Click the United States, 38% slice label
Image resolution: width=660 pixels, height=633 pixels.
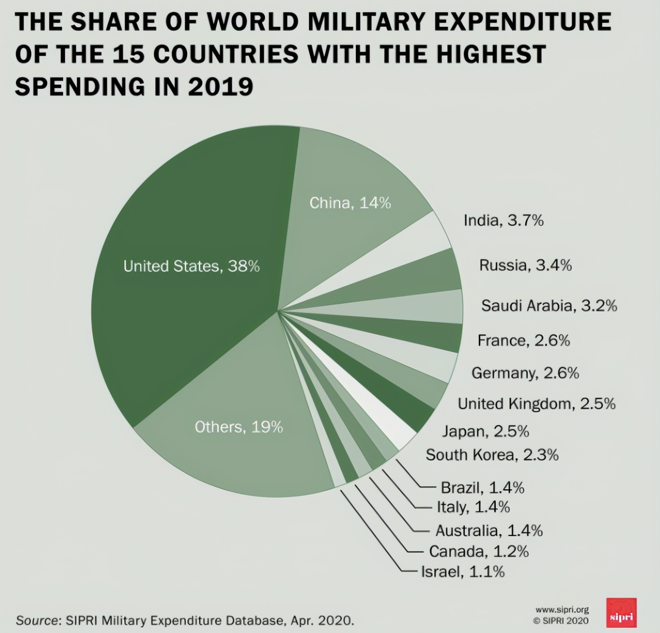[191, 266]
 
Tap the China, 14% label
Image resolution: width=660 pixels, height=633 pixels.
[350, 203]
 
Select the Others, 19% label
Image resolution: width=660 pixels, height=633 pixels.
[239, 427]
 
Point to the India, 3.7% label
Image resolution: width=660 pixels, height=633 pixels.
[503, 221]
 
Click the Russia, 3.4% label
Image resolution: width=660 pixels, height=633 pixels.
[525, 266]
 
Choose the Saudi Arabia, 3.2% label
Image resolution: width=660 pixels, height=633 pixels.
[549, 306]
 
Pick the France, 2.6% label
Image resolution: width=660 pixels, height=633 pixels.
[523, 341]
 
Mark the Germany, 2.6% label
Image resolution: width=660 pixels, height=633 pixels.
[525, 373]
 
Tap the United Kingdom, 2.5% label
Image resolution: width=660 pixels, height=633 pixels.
[536, 404]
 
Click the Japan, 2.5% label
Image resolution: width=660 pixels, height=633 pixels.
[485, 432]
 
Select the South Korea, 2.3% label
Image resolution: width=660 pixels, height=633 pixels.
[492, 455]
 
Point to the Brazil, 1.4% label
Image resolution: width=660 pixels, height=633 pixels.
[482, 487]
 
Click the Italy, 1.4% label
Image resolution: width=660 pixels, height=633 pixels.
[473, 507]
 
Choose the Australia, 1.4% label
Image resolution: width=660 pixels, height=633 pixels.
[488, 531]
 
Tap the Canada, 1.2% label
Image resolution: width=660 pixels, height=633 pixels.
[478, 551]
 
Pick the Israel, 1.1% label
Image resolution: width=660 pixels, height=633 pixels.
[462, 572]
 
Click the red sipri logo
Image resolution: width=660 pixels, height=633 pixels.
[621, 613]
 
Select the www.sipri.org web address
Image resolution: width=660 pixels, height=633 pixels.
[562, 610]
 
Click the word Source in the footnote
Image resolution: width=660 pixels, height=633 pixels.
[37, 620]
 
